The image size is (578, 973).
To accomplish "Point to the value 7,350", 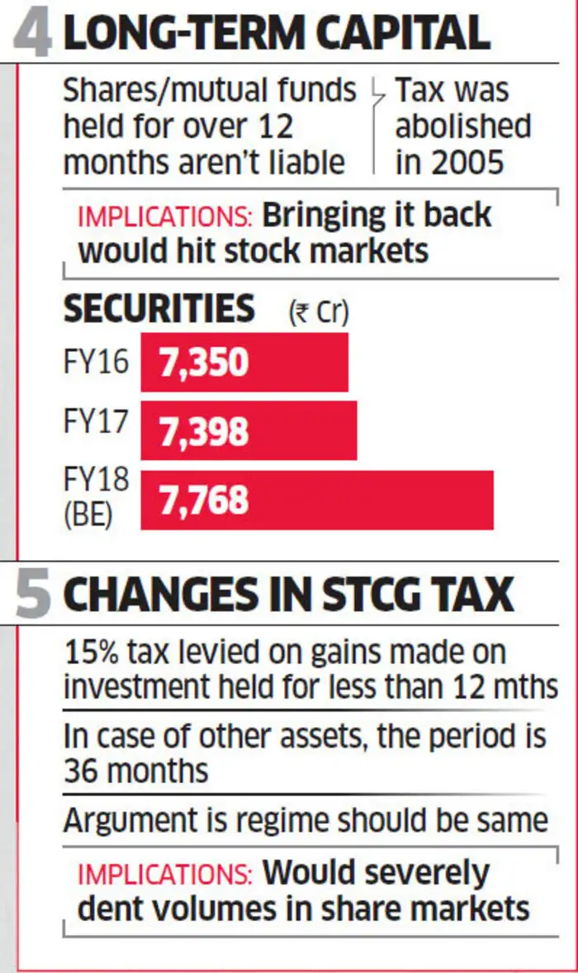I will [204, 363].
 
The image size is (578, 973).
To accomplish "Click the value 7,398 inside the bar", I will [204, 431].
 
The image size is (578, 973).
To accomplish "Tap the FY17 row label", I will [96, 421].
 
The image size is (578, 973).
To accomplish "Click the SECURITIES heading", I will [159, 309].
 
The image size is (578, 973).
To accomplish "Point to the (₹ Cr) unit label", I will [318, 312].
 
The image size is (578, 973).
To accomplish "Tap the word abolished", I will [462, 126].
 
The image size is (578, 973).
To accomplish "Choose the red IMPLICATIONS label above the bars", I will [165, 217].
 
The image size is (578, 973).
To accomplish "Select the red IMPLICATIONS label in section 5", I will [165, 874].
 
